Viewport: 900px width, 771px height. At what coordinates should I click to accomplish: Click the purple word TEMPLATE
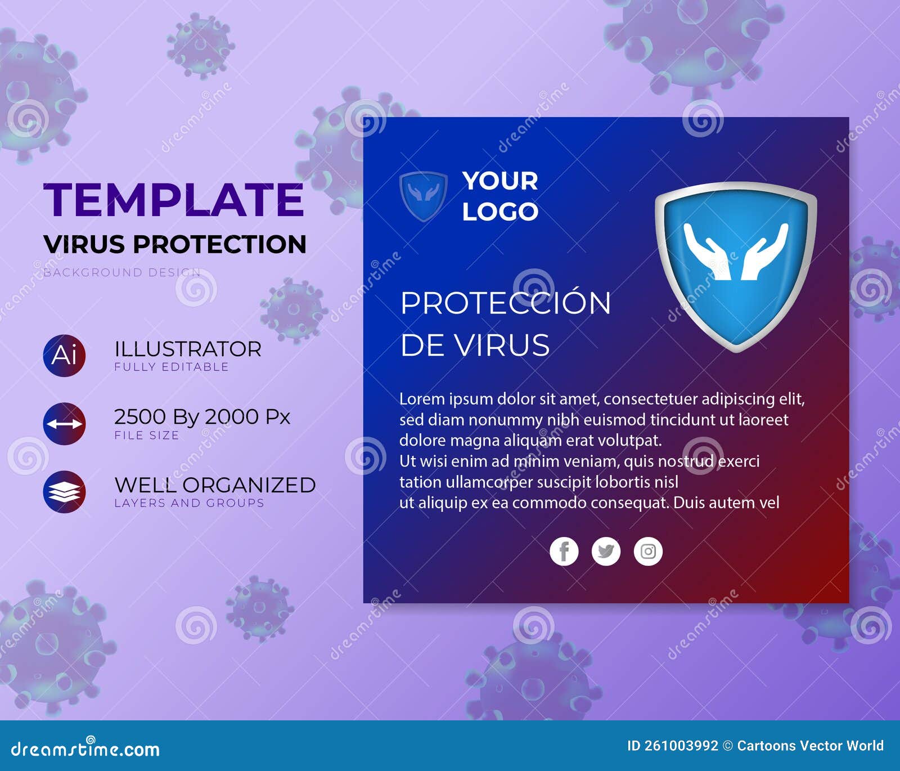coord(173,200)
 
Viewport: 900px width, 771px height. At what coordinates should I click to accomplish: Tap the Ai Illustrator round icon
coord(65,356)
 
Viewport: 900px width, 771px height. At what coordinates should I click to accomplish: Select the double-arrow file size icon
coord(65,424)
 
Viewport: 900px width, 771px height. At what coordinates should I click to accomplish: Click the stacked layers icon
coord(65,492)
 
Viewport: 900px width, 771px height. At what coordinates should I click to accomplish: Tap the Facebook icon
coord(564,552)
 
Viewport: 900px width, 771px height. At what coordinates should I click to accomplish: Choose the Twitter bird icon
coord(606,552)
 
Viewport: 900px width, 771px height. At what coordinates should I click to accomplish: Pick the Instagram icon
coord(648,552)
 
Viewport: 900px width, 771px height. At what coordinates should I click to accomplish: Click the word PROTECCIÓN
coord(505,303)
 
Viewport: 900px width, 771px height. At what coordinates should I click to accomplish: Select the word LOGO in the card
coord(500,212)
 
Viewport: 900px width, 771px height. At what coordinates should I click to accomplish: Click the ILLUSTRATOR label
coord(188,349)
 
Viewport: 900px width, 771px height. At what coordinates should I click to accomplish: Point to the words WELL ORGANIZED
coord(215,485)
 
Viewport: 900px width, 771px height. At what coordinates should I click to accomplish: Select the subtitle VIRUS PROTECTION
coord(175,244)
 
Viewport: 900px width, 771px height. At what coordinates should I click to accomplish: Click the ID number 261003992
coord(681,746)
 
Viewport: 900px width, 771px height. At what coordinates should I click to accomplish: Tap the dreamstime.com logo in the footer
coord(85,748)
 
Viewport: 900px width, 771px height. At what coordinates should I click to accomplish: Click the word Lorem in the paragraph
coord(422,399)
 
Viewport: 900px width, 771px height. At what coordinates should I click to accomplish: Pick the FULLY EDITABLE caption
coord(172,367)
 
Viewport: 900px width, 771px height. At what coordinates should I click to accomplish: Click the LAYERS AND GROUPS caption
coord(189,503)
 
